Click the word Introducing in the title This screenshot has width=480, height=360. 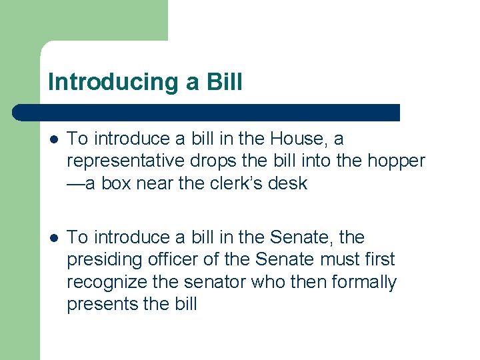point(107,82)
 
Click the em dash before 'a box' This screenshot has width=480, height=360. point(76,184)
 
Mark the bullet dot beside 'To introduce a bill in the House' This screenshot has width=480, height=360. point(53,139)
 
